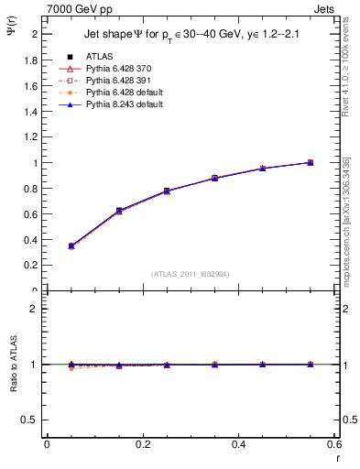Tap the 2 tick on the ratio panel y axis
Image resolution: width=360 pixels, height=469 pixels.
(x=37, y=309)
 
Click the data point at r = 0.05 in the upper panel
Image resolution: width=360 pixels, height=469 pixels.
(x=71, y=245)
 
